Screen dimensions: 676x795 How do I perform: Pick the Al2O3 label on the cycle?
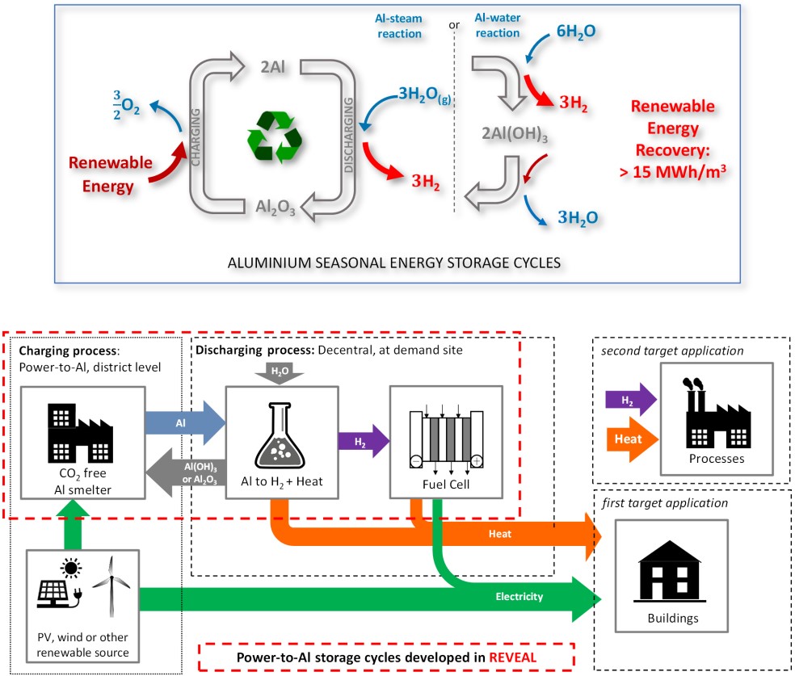pyautogui.click(x=275, y=208)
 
